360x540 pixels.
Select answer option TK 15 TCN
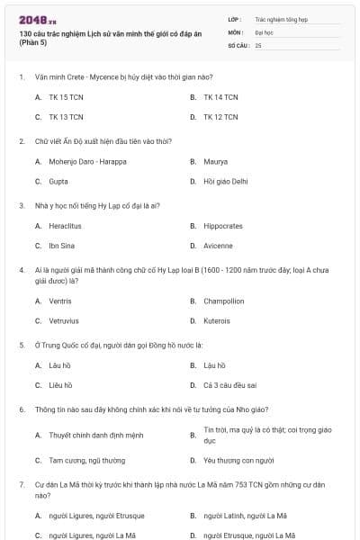click(66, 96)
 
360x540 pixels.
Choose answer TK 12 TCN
click(220, 117)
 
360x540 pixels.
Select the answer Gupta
click(58, 181)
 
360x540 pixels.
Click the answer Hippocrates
click(223, 226)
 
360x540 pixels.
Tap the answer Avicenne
click(219, 246)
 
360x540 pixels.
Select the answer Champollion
click(224, 301)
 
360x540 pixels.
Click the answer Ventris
click(61, 301)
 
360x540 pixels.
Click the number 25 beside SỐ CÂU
click(258, 44)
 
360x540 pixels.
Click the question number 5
click(22, 345)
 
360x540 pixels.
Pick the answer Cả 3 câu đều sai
click(230, 384)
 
